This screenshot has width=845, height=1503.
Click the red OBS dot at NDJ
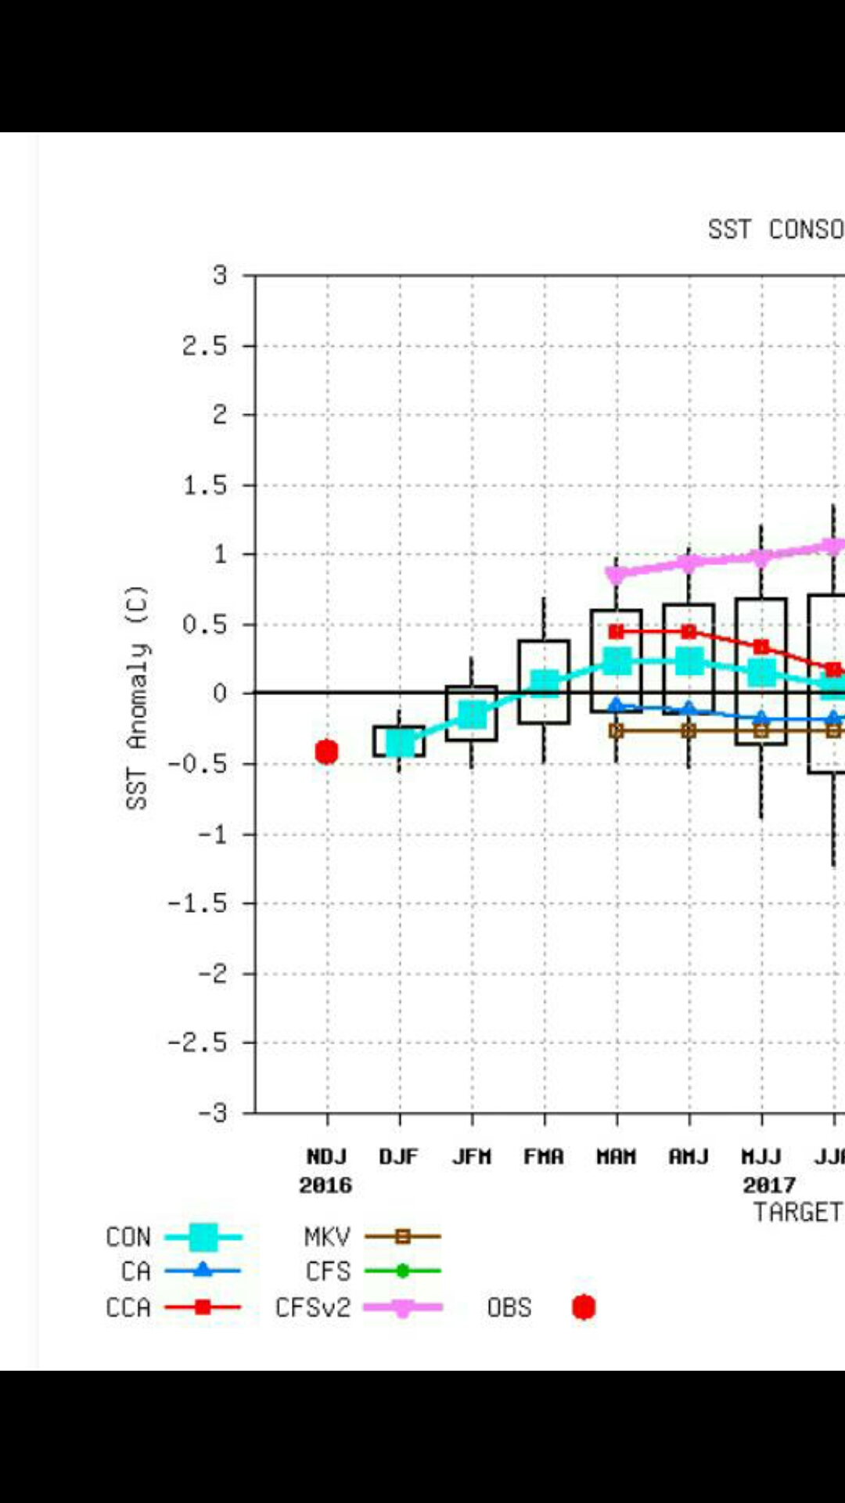(326, 751)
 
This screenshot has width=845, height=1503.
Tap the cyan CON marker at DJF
(400, 742)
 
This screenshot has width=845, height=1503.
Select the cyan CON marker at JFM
(472, 714)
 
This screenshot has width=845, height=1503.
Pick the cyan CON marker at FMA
(545, 682)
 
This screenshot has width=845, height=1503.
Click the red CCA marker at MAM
(617, 631)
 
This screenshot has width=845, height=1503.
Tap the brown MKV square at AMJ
(689, 730)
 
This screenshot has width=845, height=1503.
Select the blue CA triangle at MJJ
(761, 717)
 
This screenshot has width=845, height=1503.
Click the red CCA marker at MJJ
(761, 647)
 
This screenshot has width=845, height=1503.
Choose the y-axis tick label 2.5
(204, 345)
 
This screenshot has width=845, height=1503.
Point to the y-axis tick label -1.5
(197, 903)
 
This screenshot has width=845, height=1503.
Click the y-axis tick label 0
(220, 693)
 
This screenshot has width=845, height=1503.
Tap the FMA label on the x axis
(544, 1156)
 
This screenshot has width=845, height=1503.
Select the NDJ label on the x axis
(326, 1156)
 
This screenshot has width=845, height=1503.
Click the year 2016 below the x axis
(325, 1185)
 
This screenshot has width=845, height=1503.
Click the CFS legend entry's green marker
(402, 1271)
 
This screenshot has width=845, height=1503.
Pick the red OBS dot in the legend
(584, 1307)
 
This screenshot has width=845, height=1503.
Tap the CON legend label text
(128, 1237)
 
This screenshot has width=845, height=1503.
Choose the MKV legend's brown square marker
(402, 1237)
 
